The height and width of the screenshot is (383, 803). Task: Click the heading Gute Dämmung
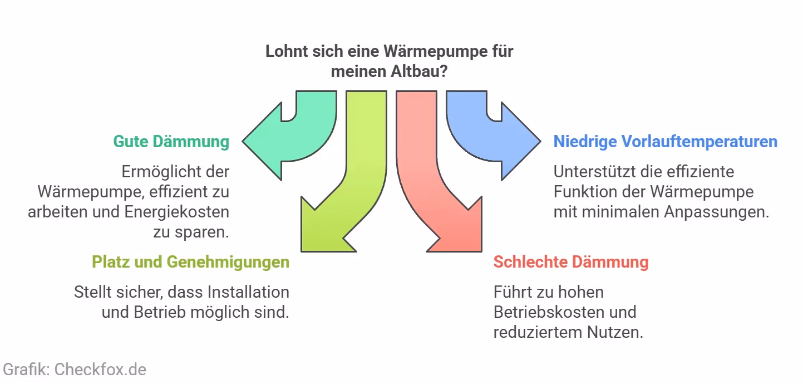171,142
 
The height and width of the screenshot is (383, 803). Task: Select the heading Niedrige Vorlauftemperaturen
665,142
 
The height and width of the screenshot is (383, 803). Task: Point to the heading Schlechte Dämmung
571,262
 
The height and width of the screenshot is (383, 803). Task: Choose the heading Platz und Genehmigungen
190,262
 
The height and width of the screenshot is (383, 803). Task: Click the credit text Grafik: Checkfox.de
75,369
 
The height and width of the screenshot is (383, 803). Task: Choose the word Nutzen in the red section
614,332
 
